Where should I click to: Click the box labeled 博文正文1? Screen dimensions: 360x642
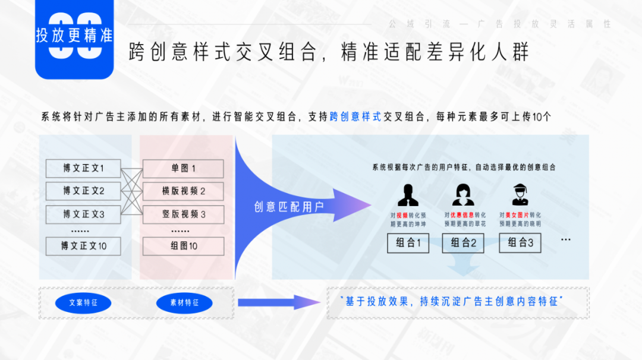[83, 169]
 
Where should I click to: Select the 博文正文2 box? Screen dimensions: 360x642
[83, 191]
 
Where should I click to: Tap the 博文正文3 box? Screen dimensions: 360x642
[83, 214]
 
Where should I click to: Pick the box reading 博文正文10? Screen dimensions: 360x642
[83, 246]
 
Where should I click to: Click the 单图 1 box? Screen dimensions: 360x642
[184, 169]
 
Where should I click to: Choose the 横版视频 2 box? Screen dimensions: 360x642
[184, 191]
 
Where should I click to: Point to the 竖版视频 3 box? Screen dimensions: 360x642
[184, 214]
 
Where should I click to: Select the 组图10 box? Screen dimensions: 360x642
[184, 246]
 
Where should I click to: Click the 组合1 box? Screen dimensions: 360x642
[408, 243]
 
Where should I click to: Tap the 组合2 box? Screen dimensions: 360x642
[463, 243]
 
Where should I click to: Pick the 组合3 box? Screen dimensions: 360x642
[521, 243]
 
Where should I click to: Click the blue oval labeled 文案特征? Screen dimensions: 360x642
[83, 303]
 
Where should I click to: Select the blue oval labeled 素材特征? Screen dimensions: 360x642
[184, 303]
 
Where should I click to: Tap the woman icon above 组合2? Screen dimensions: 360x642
[463, 195]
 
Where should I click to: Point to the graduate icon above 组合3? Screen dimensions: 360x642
[521, 195]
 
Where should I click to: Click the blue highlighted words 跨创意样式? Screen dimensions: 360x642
[355, 117]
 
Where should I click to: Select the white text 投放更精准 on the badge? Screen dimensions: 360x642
[74, 35]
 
